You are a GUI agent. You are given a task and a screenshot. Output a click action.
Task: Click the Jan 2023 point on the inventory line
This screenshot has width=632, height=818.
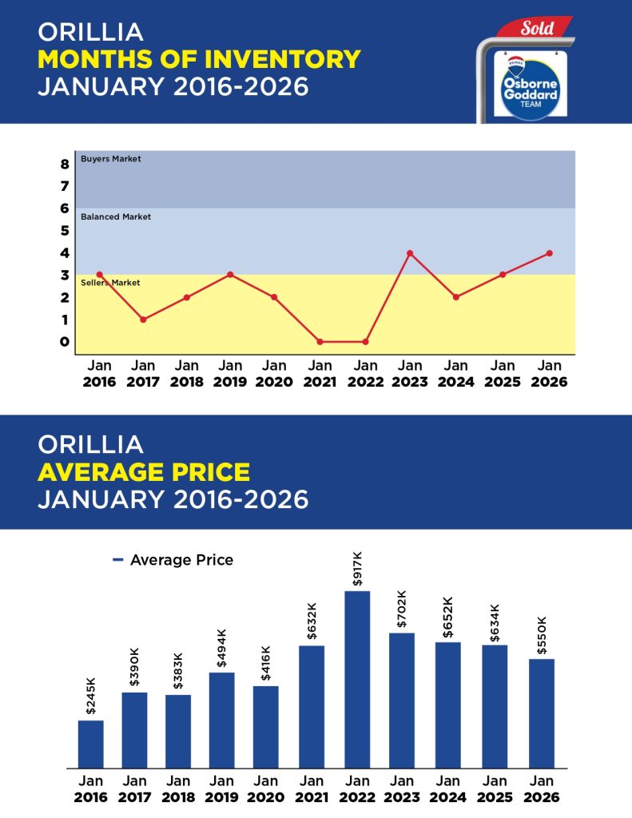point(409,253)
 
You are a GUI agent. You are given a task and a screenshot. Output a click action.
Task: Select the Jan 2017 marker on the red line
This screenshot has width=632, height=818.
point(143,320)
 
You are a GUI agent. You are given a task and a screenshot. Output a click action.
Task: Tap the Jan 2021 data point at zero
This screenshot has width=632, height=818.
point(320,342)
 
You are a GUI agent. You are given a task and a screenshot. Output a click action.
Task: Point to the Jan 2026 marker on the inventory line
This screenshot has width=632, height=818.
point(550,253)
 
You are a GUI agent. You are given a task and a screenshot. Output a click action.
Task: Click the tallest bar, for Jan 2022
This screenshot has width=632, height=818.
point(358,679)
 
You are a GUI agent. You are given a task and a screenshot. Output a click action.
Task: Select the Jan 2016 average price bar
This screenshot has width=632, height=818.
point(90,744)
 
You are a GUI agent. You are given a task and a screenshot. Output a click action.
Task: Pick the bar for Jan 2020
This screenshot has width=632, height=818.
point(266,727)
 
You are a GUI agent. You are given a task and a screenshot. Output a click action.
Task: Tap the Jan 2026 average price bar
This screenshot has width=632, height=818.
point(542,713)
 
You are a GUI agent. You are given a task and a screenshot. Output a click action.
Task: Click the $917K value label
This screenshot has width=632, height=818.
point(357,567)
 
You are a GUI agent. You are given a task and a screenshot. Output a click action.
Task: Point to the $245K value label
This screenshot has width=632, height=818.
point(90,696)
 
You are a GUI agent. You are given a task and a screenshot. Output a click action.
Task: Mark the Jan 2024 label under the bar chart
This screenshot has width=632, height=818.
point(449,788)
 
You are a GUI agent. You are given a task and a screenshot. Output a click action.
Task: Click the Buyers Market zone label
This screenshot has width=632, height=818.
point(110,159)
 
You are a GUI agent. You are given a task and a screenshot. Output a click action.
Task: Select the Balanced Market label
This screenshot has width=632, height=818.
point(116,216)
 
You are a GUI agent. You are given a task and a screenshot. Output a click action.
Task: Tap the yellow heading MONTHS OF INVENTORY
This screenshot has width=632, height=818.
point(199,59)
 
